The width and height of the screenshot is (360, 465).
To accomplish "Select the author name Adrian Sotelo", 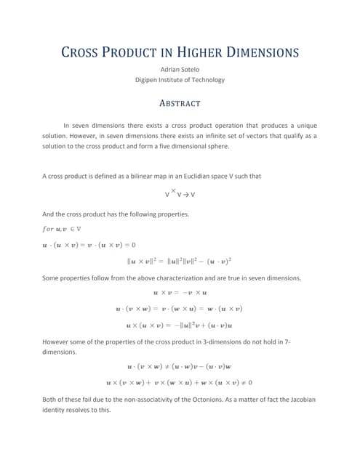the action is pyautogui.click(x=180, y=69).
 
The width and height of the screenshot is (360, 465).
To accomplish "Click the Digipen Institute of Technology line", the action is pyautogui.click(x=180, y=80).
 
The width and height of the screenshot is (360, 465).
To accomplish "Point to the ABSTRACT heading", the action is pyautogui.click(x=180, y=103).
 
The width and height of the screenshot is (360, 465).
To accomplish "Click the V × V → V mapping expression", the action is pyautogui.click(x=180, y=194).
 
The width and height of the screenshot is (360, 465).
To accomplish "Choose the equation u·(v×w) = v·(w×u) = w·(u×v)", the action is pyautogui.click(x=180, y=308).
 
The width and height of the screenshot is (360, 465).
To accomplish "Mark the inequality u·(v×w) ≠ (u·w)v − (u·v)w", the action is pyautogui.click(x=180, y=366).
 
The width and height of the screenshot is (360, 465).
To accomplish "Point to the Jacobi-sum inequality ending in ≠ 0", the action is pyautogui.click(x=180, y=381).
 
